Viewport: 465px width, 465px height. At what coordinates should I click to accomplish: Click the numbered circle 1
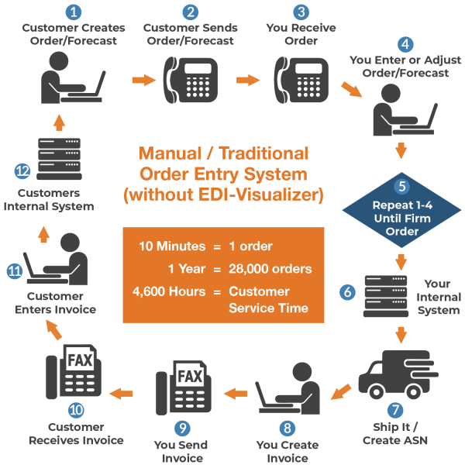coord(74,12)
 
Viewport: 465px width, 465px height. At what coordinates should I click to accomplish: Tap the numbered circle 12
coord(22,170)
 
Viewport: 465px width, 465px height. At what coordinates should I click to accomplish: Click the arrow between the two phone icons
coord(246,80)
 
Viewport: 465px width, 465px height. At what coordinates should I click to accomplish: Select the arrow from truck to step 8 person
coord(341,391)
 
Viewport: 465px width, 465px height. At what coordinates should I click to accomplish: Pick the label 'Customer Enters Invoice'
coord(61,303)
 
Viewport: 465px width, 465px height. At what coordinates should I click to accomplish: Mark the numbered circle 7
coord(394,410)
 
